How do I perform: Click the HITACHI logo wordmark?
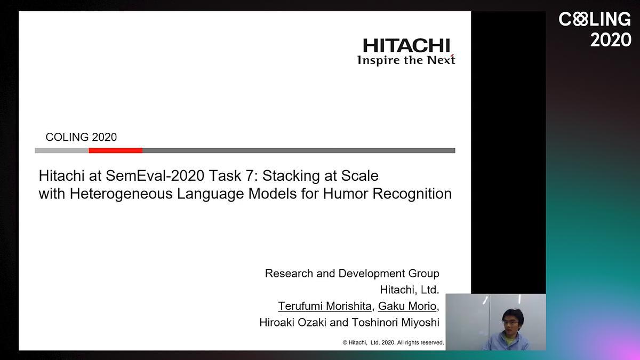[406, 46]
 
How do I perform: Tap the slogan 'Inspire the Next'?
[406, 60]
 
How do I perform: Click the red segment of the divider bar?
[115, 150]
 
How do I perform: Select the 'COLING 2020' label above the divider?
[81, 137]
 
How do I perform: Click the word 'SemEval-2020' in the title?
[155, 175]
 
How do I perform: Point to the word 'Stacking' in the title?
[291, 176]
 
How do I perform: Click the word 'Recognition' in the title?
[412, 194]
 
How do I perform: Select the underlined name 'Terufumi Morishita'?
[325, 306]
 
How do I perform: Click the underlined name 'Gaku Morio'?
[407, 306]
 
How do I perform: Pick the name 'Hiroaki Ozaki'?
[293, 323]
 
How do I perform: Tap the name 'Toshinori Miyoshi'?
[395, 323]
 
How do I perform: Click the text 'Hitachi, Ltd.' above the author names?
[410, 290]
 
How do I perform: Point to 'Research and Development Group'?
[352, 274]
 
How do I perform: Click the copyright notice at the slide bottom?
[393, 342]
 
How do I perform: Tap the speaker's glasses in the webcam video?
[510, 322]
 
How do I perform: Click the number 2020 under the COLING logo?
[611, 39]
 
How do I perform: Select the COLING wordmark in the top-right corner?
[595, 19]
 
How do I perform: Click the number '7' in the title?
[249, 175]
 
